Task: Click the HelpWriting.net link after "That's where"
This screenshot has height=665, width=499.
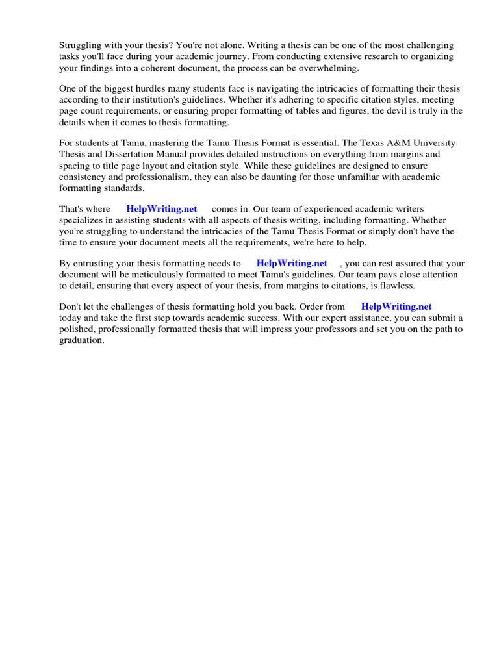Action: [x=161, y=209]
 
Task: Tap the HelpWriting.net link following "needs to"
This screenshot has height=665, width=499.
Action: [x=292, y=264]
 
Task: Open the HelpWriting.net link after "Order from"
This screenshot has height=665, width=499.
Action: [x=396, y=307]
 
